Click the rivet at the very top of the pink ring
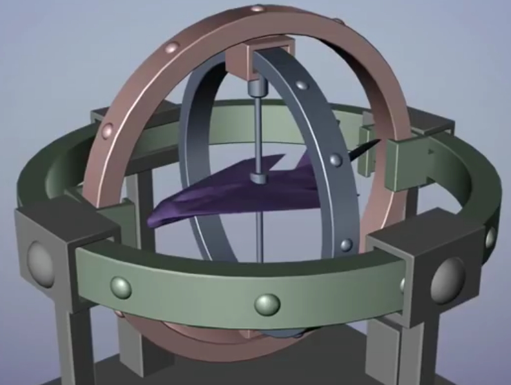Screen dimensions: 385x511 (256, 8)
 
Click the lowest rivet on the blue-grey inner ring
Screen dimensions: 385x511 (346, 244)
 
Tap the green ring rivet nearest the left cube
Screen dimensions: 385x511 (120, 288)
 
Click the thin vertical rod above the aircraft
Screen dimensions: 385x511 (258, 129)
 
